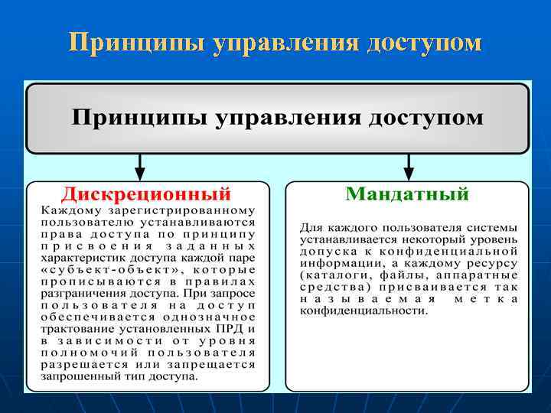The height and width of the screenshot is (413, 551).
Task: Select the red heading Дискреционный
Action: pos(146,193)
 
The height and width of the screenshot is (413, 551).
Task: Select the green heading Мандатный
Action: pos(407,193)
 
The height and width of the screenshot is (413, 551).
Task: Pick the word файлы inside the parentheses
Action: pos(399,275)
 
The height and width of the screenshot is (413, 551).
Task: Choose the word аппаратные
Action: pos(471,275)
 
